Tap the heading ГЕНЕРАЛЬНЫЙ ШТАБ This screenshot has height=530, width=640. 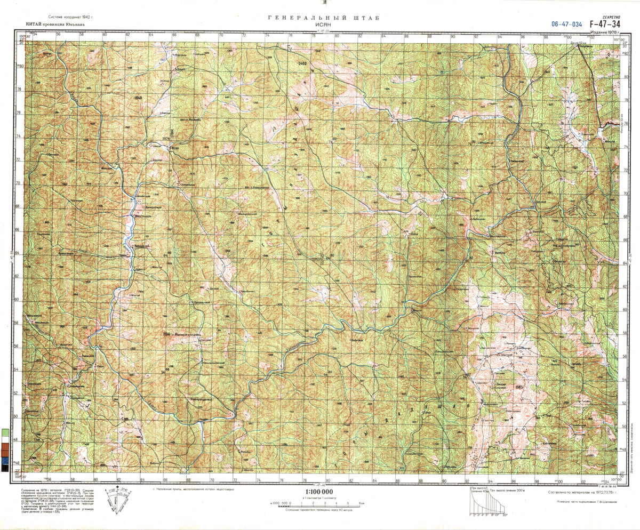324,18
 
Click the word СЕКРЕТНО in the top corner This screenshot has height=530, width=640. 610,17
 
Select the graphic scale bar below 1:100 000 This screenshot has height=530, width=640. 318,503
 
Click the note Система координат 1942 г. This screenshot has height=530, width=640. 70,18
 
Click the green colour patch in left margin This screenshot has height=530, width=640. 5,432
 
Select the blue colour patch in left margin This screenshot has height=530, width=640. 5,460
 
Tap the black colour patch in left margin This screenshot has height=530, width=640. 5,468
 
